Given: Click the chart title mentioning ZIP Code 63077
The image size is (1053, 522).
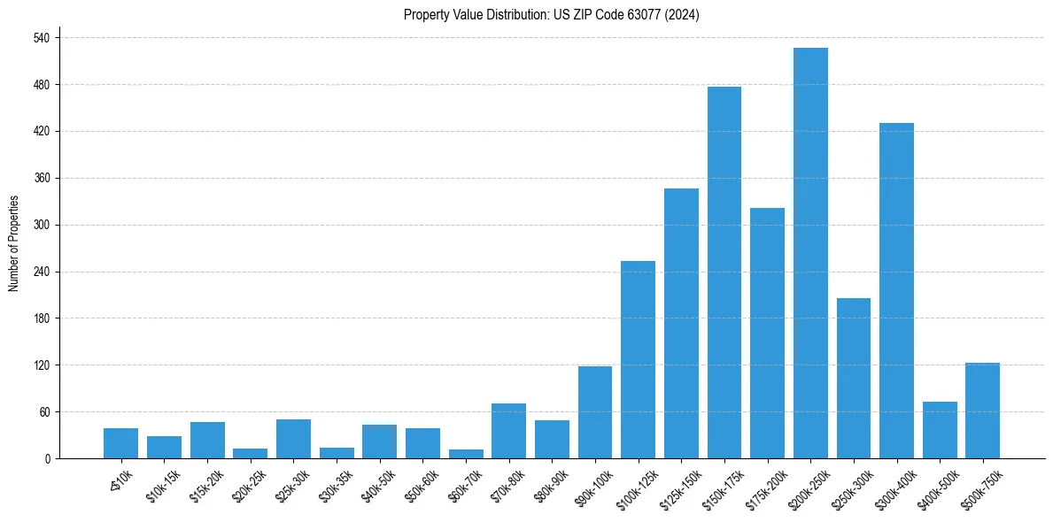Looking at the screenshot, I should pyautogui.click(x=551, y=15).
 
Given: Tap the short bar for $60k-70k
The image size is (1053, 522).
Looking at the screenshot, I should pyautogui.click(x=466, y=454).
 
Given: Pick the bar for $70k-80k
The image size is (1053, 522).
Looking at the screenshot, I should pyautogui.click(x=508, y=431).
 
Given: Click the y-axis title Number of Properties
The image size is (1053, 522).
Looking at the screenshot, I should pyautogui.click(x=14, y=243).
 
